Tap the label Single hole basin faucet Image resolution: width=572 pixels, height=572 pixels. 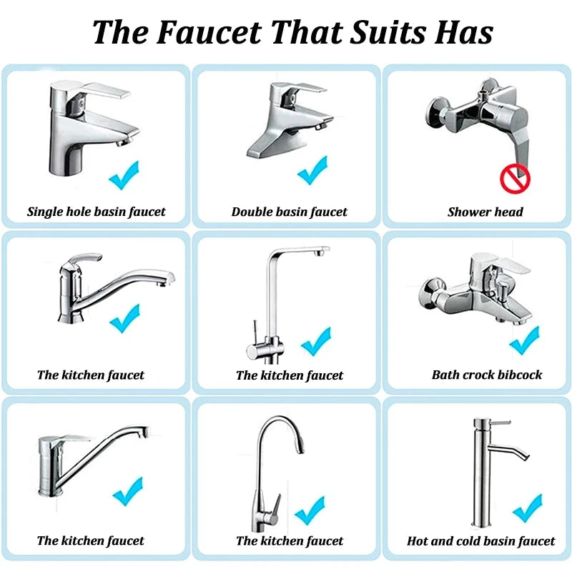point(97,212)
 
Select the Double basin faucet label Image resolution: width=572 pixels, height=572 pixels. point(289,212)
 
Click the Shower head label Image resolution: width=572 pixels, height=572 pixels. point(485,212)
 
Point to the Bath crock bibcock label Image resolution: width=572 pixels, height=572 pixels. point(487,375)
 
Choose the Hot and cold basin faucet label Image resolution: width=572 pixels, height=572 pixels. point(481,541)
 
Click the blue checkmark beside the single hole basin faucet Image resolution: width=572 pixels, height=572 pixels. point(124,174)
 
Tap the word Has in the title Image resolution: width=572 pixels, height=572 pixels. point(465,32)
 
